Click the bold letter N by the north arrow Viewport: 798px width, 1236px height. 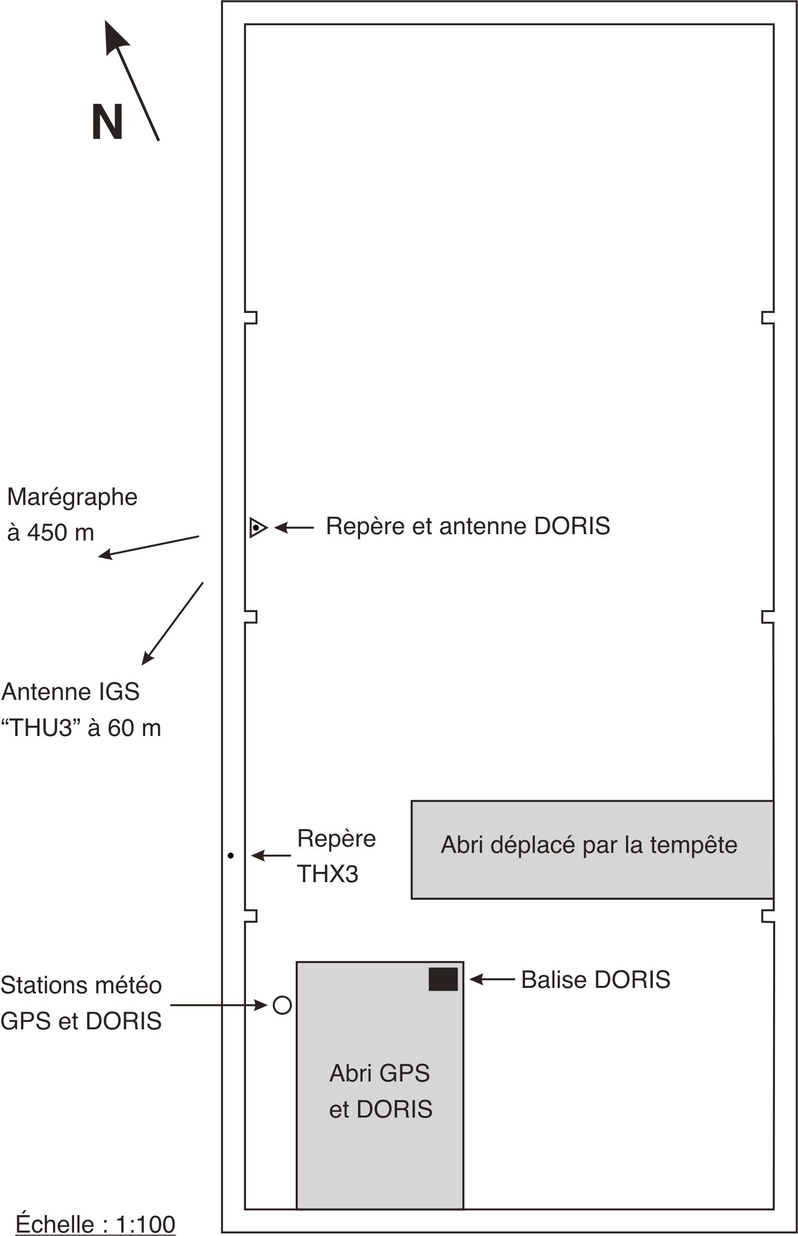[107, 122]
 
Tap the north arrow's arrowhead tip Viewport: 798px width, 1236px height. [105, 21]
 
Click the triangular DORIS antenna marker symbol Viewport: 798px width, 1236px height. [258, 527]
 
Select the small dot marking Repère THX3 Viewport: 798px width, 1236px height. [230, 856]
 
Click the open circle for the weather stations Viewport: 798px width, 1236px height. [282, 1005]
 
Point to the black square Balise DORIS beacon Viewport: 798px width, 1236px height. [443, 980]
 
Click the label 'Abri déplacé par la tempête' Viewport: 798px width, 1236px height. [589, 845]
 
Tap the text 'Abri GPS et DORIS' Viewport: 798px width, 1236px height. [380, 1091]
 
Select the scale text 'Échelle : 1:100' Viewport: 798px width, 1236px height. [96, 1224]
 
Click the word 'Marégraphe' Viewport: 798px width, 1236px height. [72, 497]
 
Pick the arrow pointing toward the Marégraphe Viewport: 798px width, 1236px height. [149, 547]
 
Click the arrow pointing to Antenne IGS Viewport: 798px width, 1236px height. [172, 623]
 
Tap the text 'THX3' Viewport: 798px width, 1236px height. [327, 874]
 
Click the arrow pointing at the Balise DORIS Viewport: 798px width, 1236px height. [492, 979]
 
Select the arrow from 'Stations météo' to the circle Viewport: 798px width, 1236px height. [219, 1005]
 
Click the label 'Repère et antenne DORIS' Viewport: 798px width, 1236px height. [468, 526]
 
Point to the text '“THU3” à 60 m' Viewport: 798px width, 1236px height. [81, 728]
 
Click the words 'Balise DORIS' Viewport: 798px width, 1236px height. [596, 980]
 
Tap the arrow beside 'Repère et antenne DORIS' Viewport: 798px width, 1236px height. [294, 527]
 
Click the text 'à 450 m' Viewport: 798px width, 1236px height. [50, 532]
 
